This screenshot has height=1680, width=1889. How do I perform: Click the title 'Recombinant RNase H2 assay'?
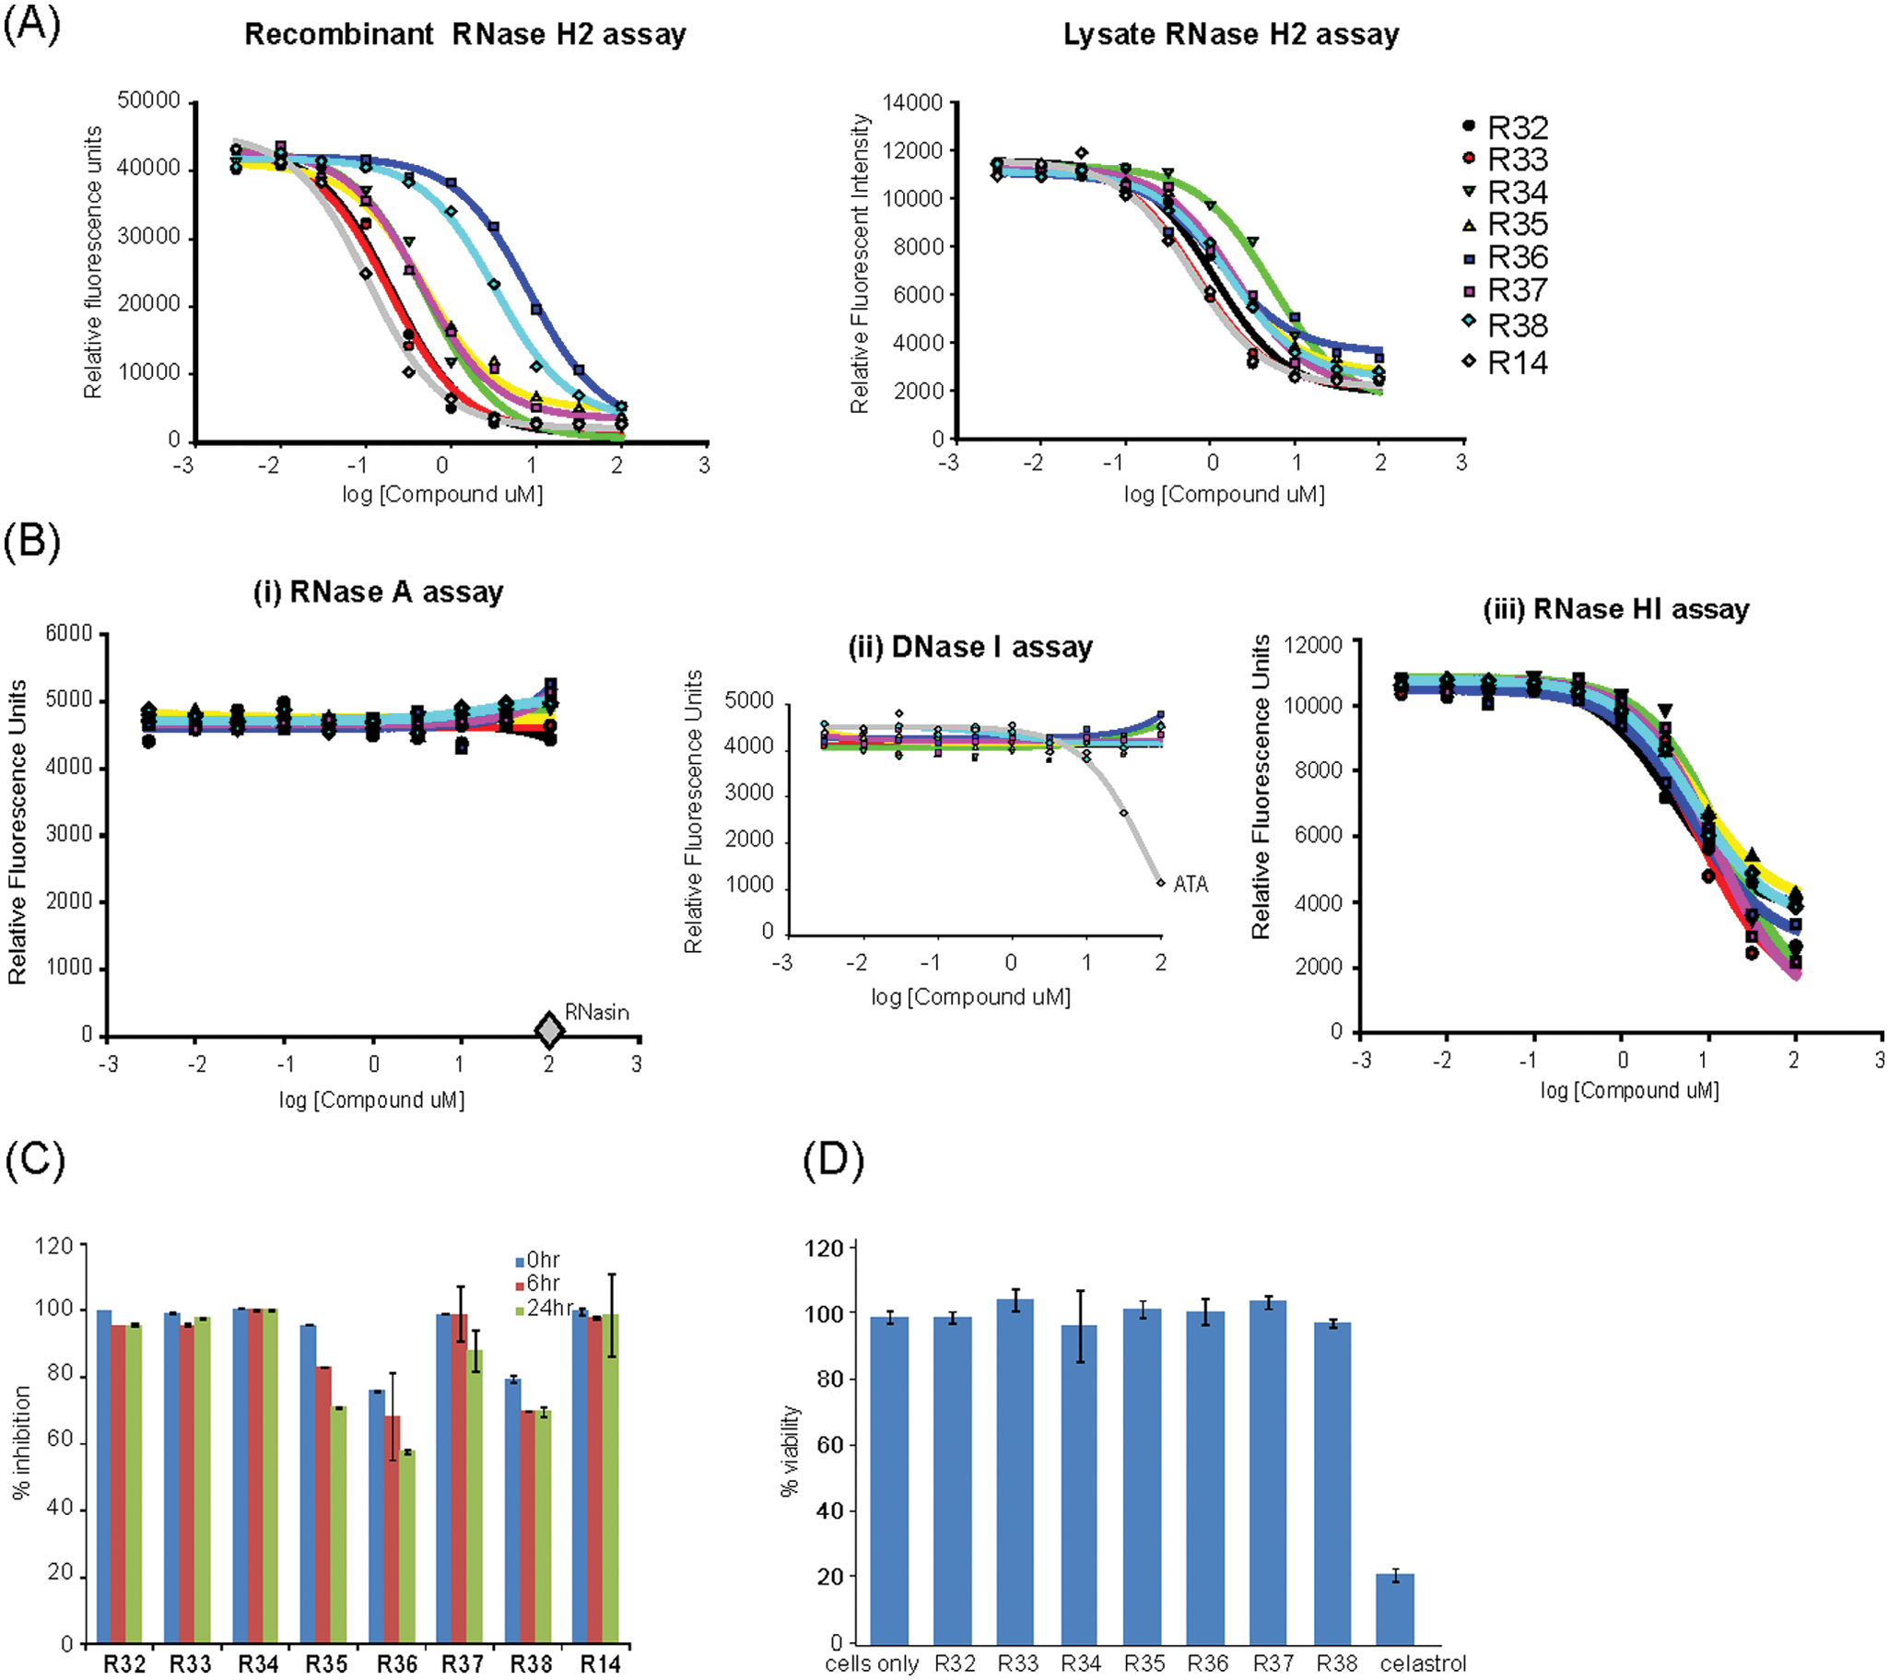[x=464, y=35]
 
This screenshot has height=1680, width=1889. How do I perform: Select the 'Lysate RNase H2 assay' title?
[x=1230, y=35]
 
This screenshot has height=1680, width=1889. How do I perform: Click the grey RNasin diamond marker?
[x=550, y=1029]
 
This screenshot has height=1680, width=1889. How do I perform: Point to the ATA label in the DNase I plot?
[x=1191, y=885]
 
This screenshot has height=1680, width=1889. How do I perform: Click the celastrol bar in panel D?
[x=1394, y=1609]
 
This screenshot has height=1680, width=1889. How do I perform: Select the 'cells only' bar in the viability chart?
[x=889, y=1480]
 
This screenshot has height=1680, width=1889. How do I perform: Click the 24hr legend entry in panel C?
[x=545, y=1309]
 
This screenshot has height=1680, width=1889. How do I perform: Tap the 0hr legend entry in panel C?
[x=538, y=1261]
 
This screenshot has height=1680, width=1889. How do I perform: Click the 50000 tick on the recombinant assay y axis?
[x=148, y=100]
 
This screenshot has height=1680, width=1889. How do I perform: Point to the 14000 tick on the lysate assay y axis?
[x=913, y=102]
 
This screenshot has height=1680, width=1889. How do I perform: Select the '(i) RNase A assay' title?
[x=378, y=592]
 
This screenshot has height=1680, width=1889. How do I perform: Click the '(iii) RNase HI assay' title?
[x=1616, y=609]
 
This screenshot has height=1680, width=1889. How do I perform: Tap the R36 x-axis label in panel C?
[x=396, y=1664]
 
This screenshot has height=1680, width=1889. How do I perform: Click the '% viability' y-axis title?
[x=790, y=1451]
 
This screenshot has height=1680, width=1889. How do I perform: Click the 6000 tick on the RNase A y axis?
[x=69, y=634]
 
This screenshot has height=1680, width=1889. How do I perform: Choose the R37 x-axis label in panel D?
[x=1273, y=1663]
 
